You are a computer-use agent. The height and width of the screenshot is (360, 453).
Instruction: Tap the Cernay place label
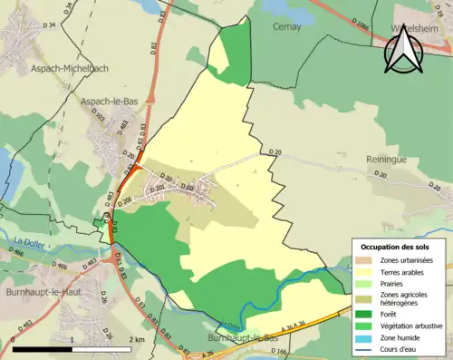[x=287, y=27]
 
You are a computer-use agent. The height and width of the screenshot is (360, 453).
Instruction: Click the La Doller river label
[x=30, y=239]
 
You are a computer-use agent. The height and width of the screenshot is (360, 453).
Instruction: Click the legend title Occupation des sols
[x=395, y=247]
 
